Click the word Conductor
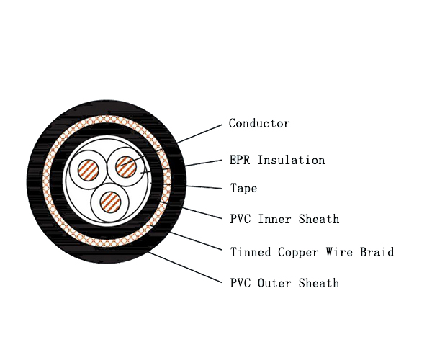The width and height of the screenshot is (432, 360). click(x=259, y=124)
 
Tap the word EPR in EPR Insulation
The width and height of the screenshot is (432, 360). click(x=240, y=160)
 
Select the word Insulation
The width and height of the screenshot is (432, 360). click(x=291, y=160)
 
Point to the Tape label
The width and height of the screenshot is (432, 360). click(x=243, y=189)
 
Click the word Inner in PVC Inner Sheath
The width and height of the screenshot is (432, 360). click(x=274, y=218)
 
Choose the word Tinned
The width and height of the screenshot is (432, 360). click(x=250, y=252)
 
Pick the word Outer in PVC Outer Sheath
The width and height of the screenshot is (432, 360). click(x=274, y=283)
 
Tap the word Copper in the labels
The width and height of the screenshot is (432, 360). click(x=296, y=253)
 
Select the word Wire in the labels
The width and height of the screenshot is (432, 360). click(x=338, y=252)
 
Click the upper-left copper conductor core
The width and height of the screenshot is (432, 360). click(x=90, y=170)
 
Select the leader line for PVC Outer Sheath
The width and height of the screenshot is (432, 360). click(x=184, y=266)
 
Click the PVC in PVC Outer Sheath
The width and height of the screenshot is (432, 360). click(x=240, y=283)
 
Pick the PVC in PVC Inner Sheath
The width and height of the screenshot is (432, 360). click(x=240, y=218)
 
